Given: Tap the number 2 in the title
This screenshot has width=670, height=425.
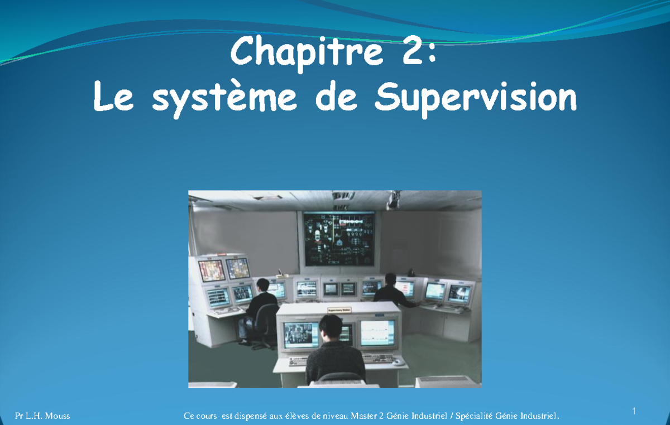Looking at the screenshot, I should [413, 52].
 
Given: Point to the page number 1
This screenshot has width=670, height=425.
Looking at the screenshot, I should [634, 412].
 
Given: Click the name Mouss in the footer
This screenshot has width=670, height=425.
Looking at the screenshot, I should [58, 416].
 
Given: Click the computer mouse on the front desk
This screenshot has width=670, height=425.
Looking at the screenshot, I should [398, 361].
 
